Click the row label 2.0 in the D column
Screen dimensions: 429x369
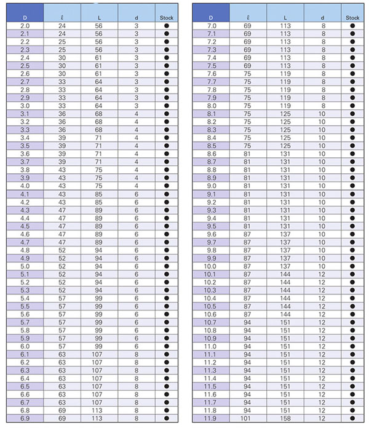click(x=25, y=26)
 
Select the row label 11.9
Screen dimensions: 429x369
click(x=211, y=419)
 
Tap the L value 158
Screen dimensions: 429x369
click(x=285, y=419)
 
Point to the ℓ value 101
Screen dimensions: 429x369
click(x=247, y=419)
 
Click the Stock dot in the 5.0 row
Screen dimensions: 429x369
click(x=166, y=266)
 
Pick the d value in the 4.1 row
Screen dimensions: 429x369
click(x=137, y=194)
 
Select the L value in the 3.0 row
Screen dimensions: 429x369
click(x=99, y=105)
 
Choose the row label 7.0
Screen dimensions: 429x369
click(x=211, y=26)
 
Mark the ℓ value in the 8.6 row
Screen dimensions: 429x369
click(x=247, y=154)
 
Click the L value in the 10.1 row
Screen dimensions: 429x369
click(x=285, y=274)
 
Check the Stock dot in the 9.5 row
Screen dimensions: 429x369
click(x=352, y=226)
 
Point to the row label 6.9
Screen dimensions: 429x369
click(x=25, y=419)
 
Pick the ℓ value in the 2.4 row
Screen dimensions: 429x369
click(x=61, y=58)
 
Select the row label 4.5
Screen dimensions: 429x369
click(x=25, y=226)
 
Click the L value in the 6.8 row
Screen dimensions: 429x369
click(x=99, y=411)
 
